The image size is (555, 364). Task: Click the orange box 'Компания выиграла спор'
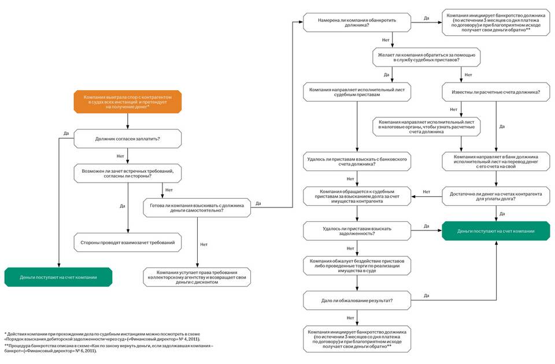(x=127, y=101)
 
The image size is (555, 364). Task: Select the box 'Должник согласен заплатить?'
(x=127, y=139)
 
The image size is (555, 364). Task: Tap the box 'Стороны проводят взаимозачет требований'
(x=127, y=242)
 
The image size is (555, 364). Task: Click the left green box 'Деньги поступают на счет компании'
(x=58, y=277)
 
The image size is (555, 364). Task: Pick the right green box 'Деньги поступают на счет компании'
(x=495, y=231)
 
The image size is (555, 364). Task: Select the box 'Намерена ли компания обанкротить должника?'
(x=357, y=23)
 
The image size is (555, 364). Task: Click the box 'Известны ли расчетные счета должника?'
(x=495, y=92)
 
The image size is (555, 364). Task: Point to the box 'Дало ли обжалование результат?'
(x=357, y=300)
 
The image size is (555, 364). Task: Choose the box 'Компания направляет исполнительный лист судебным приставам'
(x=357, y=92)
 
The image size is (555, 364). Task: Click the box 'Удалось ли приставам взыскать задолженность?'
(x=357, y=231)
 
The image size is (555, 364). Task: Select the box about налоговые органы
(x=426, y=127)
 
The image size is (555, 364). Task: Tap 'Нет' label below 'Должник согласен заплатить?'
(x=120, y=156)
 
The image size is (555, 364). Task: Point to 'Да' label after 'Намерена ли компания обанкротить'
(x=426, y=18)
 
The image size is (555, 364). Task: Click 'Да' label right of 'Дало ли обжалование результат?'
(x=426, y=295)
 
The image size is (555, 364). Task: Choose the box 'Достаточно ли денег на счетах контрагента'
(x=495, y=196)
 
